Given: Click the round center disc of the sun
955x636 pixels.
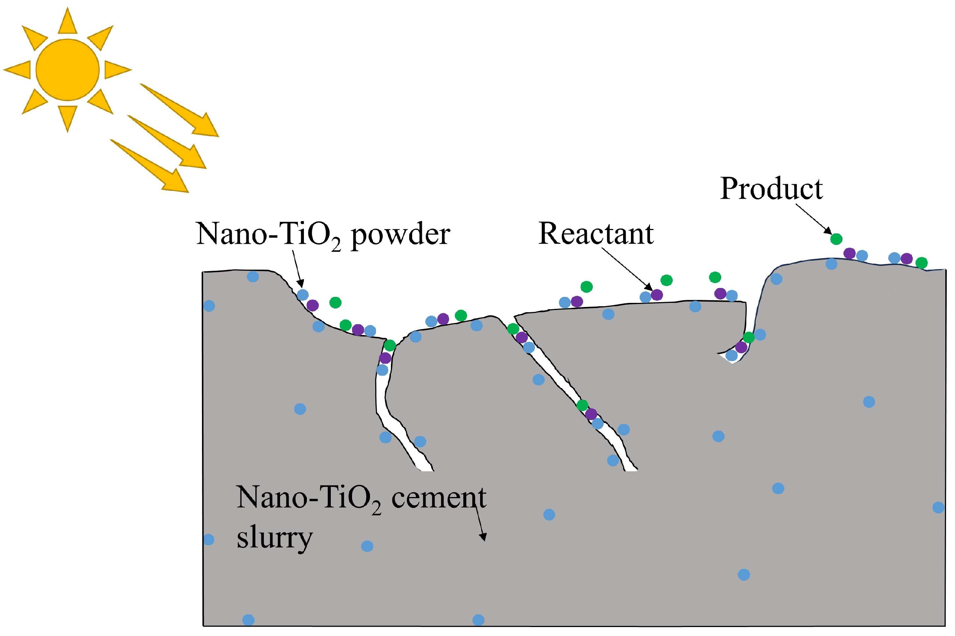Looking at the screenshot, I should point(67,69).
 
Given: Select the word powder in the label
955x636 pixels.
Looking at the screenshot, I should point(400,235).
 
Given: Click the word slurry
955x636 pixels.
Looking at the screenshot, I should point(274,538).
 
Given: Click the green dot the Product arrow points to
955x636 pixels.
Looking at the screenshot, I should point(836,239).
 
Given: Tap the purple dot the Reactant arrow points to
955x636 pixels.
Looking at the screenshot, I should point(657,295).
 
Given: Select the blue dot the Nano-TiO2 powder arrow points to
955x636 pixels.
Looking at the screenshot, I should point(302,295).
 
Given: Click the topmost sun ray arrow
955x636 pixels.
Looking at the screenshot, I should point(180,110).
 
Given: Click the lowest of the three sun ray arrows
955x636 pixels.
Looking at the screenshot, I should point(150,166).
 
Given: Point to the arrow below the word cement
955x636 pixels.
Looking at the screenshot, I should point(479,523).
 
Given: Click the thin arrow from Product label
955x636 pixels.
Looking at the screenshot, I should point(812,218).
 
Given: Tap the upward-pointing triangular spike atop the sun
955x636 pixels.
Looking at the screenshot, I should point(67,21).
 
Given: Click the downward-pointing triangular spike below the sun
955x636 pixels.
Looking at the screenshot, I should point(67,118).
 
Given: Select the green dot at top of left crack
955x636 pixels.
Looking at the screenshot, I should point(390,345).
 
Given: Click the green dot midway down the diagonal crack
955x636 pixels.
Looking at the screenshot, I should point(582,405).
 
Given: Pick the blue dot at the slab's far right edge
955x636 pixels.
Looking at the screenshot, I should point(938,507).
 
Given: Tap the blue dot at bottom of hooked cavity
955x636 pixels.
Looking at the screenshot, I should point(731,355).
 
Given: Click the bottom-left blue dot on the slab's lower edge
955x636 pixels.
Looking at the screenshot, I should point(248,620).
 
